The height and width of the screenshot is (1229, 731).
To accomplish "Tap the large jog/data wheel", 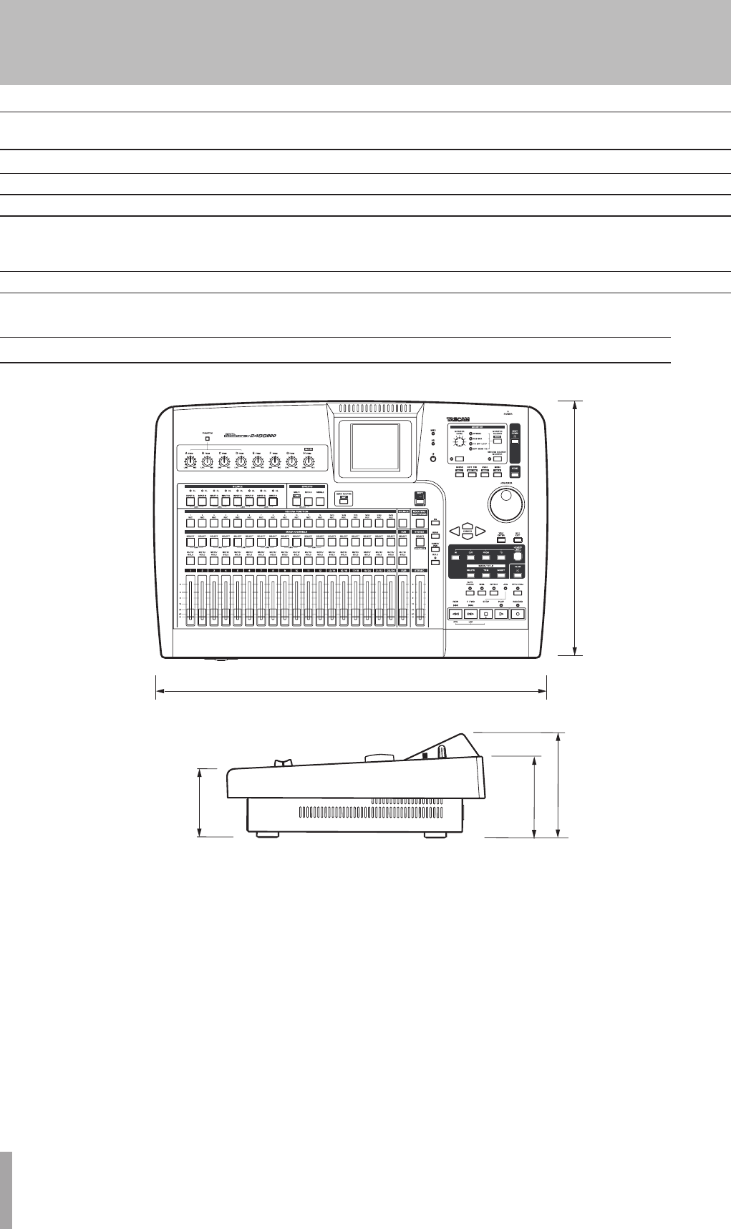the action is [508, 505].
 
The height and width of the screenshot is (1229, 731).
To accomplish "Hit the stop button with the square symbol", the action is [485, 614].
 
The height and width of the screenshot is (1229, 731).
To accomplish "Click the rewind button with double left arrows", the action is [455, 614].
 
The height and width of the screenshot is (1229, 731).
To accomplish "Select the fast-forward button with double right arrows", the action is [470, 614].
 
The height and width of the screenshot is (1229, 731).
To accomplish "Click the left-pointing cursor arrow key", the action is [453, 532].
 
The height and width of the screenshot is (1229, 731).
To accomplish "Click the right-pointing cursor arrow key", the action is [480, 532].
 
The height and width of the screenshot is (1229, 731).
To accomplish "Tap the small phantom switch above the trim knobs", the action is [207, 438].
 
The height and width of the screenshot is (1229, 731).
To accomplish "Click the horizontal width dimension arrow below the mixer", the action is [351, 691].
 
